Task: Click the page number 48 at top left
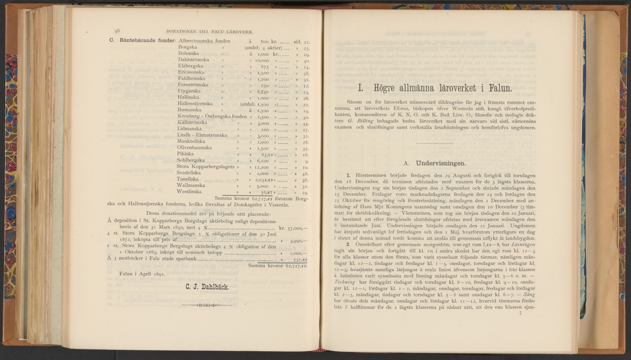117,30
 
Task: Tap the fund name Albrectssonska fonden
204,40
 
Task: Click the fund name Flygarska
190,91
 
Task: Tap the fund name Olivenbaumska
195,148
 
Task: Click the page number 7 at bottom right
520,313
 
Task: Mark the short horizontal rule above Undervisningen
434,143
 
